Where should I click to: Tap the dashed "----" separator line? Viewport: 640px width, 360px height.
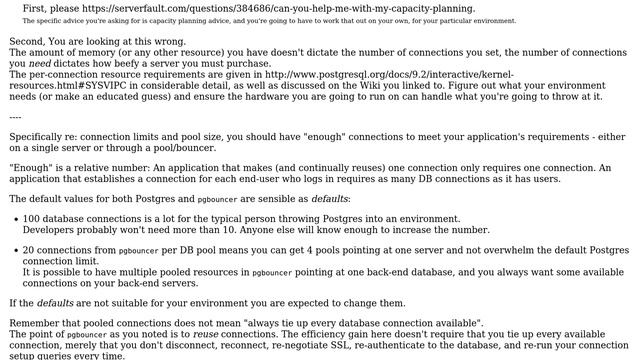[x=15, y=117]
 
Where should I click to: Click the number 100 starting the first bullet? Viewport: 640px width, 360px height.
[x=33, y=218]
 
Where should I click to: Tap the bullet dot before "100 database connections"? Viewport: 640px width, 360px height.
[x=14, y=218]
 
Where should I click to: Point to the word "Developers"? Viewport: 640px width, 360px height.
[x=53, y=229]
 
